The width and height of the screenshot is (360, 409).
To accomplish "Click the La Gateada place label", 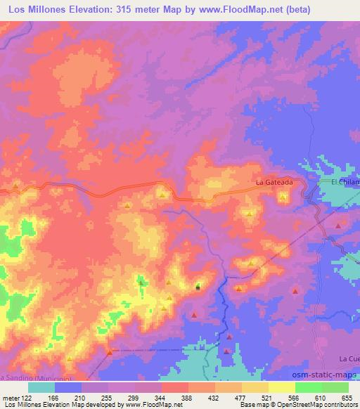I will tap(274, 183).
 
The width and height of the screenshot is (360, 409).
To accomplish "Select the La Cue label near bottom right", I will tap(349, 358).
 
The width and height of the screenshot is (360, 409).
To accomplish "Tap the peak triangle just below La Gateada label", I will tap(283, 197).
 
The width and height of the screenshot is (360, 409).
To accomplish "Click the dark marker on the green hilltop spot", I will tap(198, 286).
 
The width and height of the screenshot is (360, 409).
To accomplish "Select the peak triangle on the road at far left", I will tap(15, 186).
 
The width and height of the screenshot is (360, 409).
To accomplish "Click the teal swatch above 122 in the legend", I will tap(41, 387).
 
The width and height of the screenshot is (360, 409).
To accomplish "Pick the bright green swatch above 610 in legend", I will tap(308, 387).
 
